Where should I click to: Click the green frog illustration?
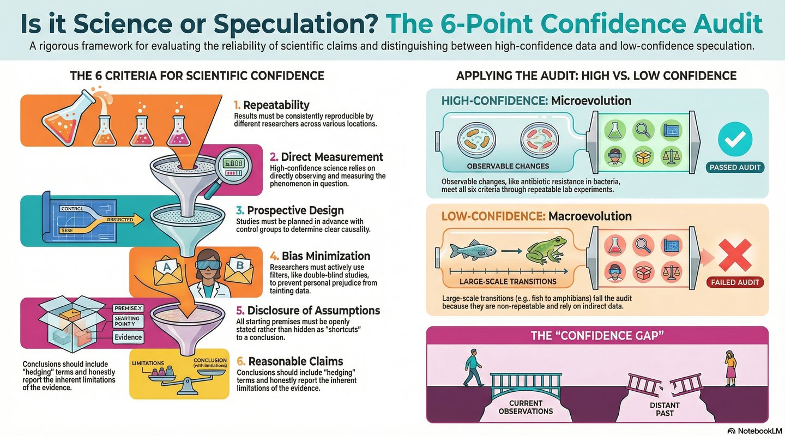(545, 252)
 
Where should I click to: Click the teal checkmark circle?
(734, 140)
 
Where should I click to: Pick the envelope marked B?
(240, 268)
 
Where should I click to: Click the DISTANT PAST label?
(665, 409)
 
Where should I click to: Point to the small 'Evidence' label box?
(128, 337)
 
